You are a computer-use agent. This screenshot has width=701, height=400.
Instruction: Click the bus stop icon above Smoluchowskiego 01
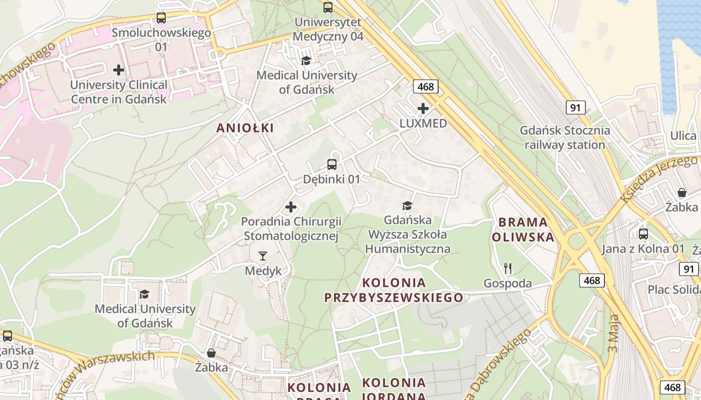click(x=161, y=18)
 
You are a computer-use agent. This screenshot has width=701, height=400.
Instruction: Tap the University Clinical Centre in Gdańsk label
click(x=119, y=92)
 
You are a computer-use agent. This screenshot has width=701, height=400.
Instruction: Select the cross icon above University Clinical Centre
click(x=119, y=69)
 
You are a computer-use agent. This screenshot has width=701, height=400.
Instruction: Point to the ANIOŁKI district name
click(x=245, y=128)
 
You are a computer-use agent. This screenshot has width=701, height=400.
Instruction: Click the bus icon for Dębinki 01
click(x=331, y=164)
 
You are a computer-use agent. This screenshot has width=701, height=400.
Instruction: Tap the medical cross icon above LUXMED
click(x=423, y=108)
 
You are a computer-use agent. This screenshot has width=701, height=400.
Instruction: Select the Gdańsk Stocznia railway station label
click(x=565, y=138)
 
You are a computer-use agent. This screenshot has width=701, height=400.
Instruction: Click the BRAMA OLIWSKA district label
click(x=523, y=229)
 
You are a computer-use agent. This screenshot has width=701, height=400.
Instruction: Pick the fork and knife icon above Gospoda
click(x=508, y=268)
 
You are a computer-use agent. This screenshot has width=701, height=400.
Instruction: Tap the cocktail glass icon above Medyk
click(x=263, y=256)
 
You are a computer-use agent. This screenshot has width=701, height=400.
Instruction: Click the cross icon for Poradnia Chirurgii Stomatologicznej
click(x=290, y=206)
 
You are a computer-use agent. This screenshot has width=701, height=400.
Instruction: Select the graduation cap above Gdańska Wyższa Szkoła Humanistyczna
click(x=407, y=205)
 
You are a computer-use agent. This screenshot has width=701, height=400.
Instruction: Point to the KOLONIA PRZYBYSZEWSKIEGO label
click(x=394, y=290)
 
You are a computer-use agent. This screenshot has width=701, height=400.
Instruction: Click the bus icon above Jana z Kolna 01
click(x=643, y=233)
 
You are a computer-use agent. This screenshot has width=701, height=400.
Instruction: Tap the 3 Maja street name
click(x=613, y=332)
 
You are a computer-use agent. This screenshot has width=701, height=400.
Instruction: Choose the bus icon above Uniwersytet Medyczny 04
click(x=328, y=7)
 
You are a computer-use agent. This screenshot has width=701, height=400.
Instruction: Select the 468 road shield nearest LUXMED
click(x=426, y=86)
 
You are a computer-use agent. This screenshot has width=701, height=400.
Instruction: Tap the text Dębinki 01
click(x=331, y=179)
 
